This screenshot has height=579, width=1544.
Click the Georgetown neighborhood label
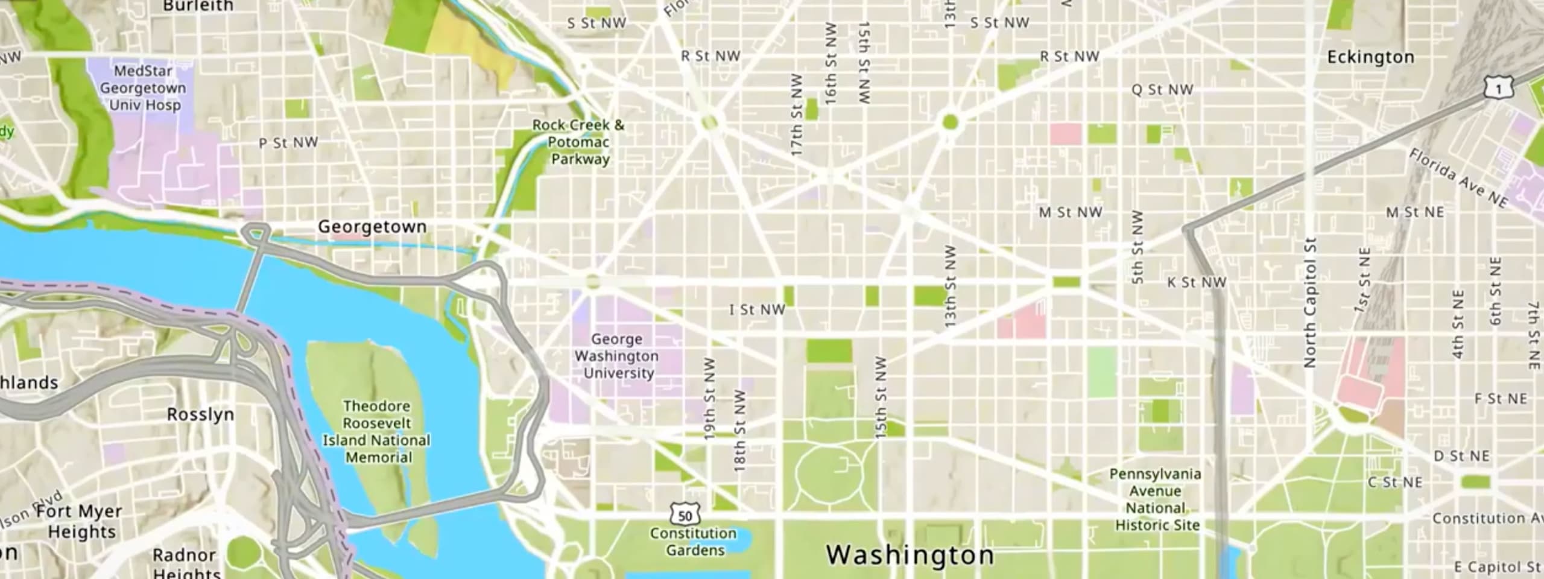[372, 227]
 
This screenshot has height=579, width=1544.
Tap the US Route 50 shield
[685, 516]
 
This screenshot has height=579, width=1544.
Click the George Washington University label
[616, 356]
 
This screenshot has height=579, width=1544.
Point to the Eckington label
[1370, 57]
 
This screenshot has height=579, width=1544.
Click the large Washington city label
[910, 555]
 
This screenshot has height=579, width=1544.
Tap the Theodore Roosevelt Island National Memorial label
[377, 432]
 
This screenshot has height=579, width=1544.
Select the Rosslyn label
[200, 415]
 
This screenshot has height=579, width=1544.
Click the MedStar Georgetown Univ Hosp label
[143, 88]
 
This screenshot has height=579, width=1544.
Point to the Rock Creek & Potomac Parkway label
[578, 142]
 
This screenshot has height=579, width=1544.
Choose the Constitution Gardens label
[694, 542]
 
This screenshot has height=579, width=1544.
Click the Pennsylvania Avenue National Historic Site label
[1156, 499]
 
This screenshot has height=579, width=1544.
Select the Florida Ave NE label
[1458, 179]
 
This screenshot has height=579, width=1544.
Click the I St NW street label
[757, 310]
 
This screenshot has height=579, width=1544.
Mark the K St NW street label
[1197, 282]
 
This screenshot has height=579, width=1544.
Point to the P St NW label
[288, 143]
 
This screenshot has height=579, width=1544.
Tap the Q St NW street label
[1162, 90]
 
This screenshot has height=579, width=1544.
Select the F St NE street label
[1501, 399]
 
